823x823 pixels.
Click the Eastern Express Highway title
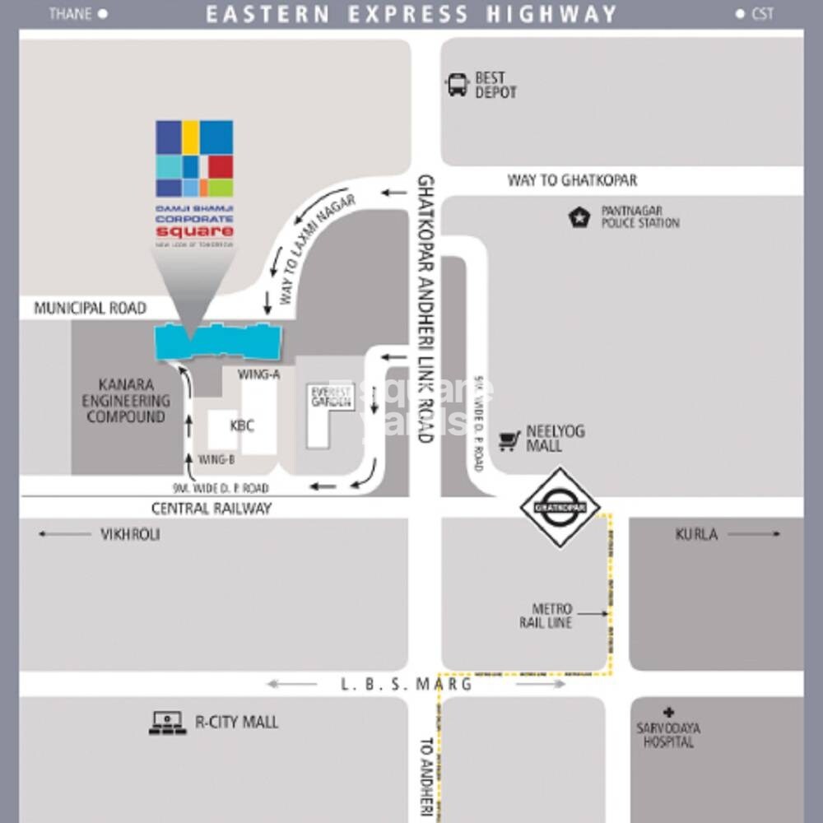411,14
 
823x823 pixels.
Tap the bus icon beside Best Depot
458,85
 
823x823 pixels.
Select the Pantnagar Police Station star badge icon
579,217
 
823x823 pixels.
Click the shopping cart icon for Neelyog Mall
509,440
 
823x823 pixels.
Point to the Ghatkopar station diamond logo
560,507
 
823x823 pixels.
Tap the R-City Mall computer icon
167,723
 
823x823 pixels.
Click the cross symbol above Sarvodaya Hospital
667,712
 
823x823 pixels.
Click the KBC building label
242,425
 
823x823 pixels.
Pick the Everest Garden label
332,397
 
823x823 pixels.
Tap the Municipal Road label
90,309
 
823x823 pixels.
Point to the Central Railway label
212,509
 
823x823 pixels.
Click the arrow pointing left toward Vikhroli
64,534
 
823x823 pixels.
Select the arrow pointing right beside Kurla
753,534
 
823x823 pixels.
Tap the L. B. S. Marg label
407,684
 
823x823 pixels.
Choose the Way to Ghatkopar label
571,180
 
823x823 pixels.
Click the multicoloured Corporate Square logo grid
194,159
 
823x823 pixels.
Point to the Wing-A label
258,374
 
